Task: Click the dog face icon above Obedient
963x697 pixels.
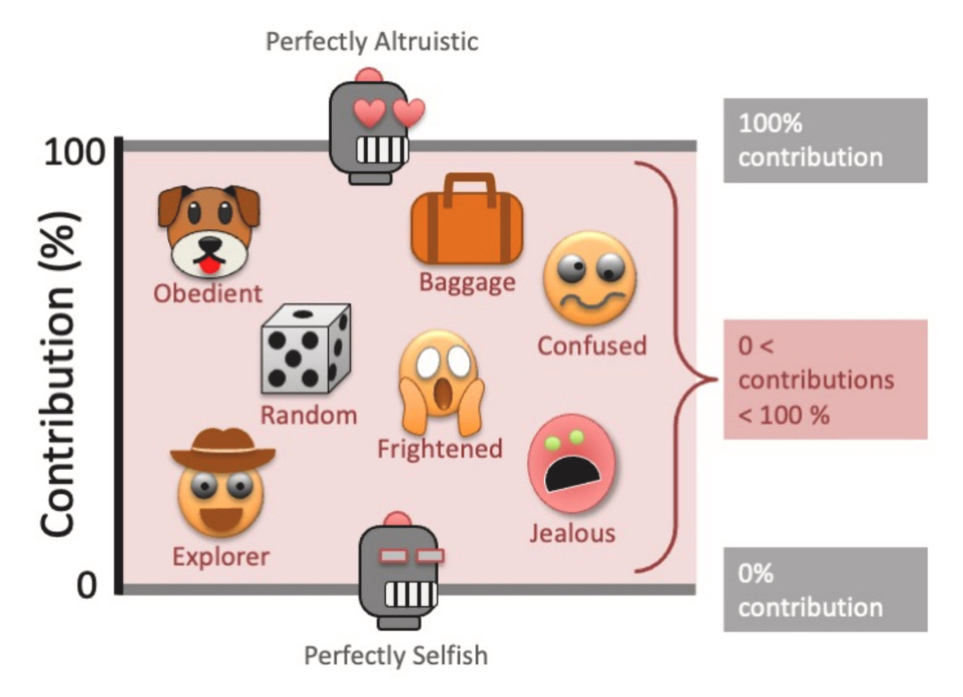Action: pyautogui.click(x=209, y=230)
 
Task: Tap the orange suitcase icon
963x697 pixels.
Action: pyautogui.click(x=466, y=219)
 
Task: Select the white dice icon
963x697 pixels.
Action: pyautogui.click(x=306, y=348)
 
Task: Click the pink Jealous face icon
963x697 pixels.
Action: pyautogui.click(x=571, y=468)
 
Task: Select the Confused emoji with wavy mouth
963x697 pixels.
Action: pyautogui.click(x=589, y=280)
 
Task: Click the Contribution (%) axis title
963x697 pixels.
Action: pyautogui.click(x=59, y=372)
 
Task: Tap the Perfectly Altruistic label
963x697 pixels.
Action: pyautogui.click(x=373, y=42)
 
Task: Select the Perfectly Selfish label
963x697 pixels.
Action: pyautogui.click(x=396, y=655)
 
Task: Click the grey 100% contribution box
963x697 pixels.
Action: pyautogui.click(x=825, y=141)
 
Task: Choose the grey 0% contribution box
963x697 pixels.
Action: pyautogui.click(x=825, y=590)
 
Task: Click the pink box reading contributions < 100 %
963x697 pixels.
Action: pyautogui.click(x=825, y=379)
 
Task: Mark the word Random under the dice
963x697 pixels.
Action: pyautogui.click(x=309, y=415)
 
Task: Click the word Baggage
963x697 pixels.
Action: pyautogui.click(x=466, y=282)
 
